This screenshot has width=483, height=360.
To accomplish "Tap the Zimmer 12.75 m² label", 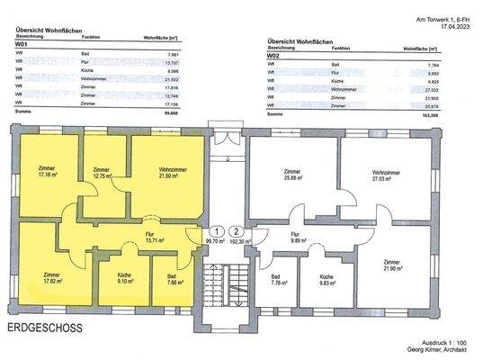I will pyautogui.click(x=101, y=173).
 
